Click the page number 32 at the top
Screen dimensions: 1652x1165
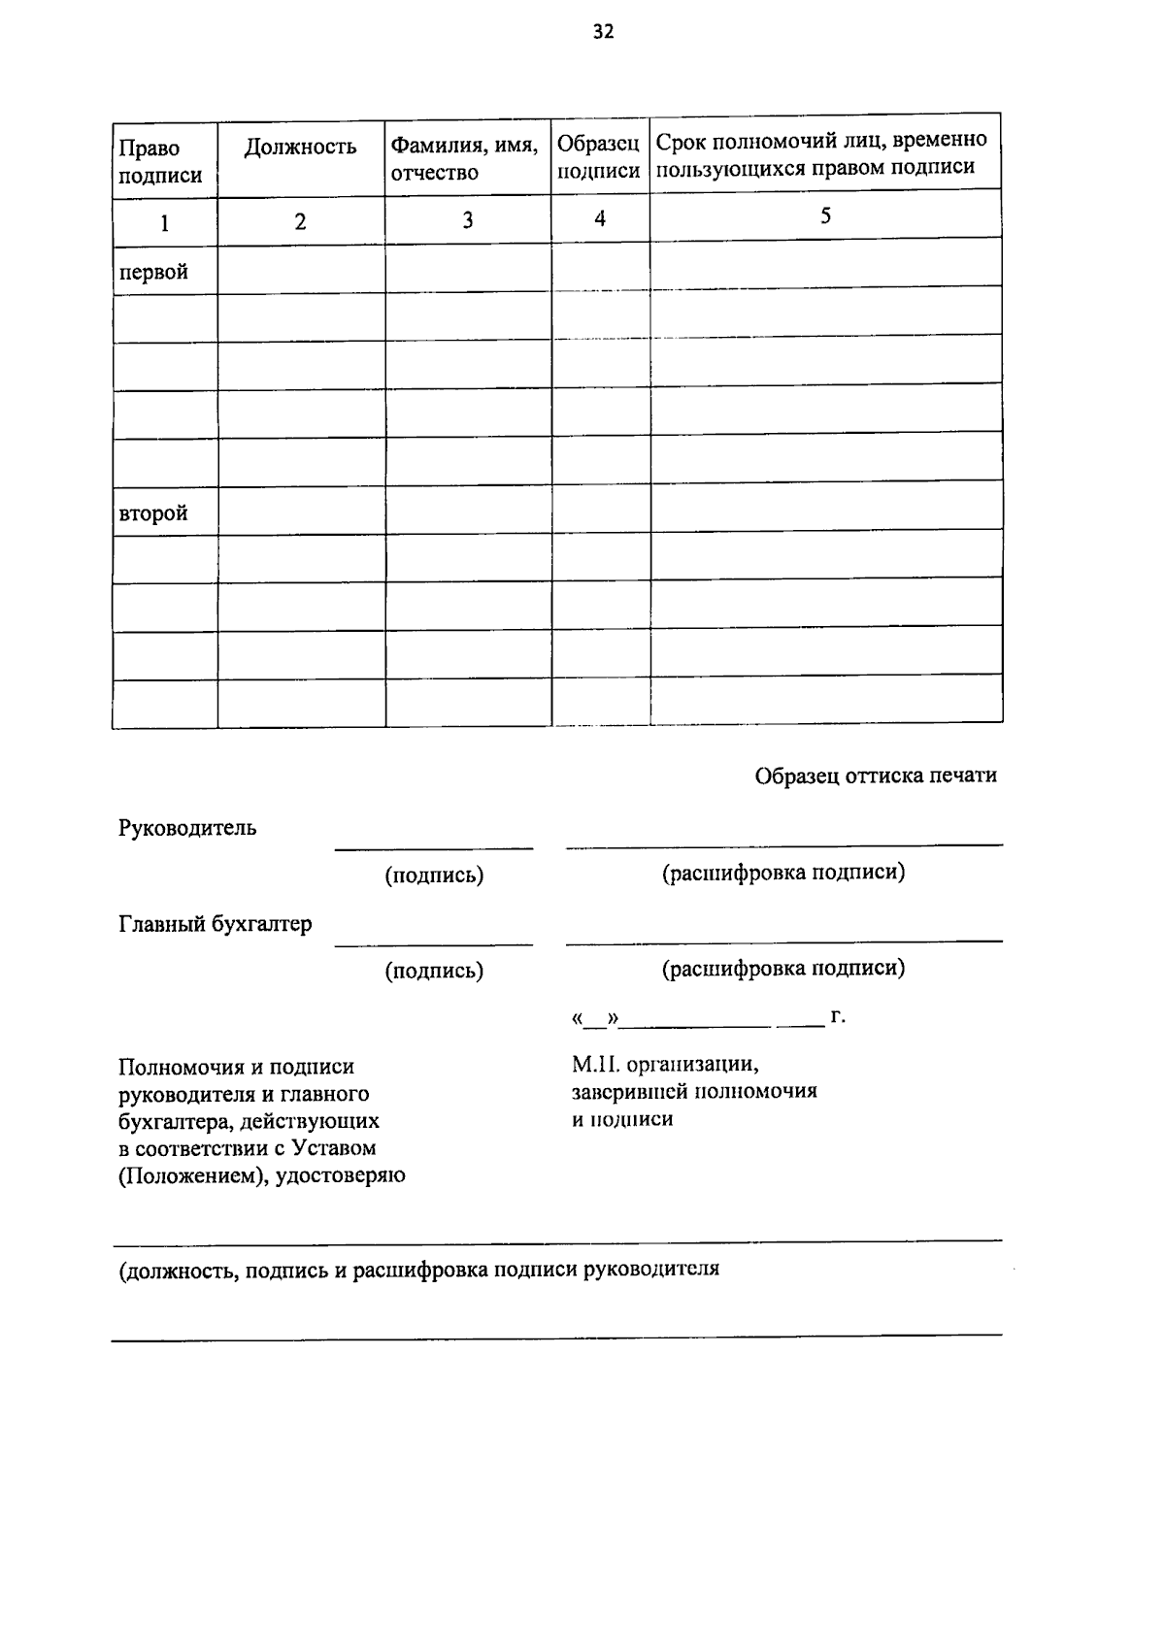click(603, 32)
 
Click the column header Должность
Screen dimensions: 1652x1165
click(300, 147)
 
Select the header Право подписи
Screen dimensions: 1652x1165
click(160, 161)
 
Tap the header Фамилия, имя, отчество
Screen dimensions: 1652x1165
click(464, 158)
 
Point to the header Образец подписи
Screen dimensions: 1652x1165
click(599, 157)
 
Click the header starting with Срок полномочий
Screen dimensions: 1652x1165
click(821, 153)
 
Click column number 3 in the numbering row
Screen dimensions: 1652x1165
click(467, 220)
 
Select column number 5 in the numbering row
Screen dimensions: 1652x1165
click(825, 215)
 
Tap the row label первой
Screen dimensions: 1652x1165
click(153, 272)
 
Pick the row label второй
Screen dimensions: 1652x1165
click(153, 513)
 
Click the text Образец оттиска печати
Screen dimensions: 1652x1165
click(876, 776)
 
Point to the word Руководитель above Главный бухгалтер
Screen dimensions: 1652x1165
click(187, 828)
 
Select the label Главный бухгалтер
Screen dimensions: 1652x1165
click(216, 923)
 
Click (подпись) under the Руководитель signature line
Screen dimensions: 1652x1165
click(434, 876)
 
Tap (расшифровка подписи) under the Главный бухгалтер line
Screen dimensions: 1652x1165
click(783, 968)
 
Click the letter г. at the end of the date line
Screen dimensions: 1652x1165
click(838, 1016)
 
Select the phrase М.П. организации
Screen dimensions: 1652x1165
click(665, 1065)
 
